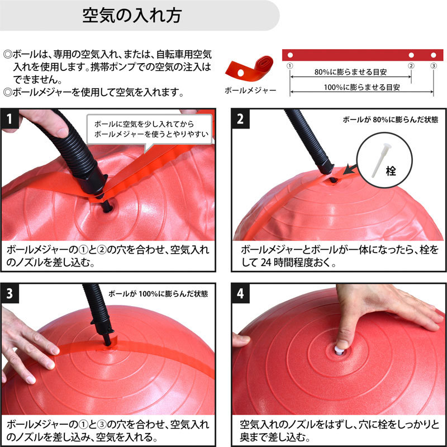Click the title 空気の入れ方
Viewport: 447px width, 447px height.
tap(132, 15)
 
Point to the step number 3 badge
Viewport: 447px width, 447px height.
tap(9, 293)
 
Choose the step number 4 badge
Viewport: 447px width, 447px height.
tap(240, 293)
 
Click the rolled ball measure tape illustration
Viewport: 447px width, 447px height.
tap(249, 68)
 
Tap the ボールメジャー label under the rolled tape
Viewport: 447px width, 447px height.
tap(250, 91)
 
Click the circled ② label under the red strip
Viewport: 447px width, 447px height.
tap(411, 66)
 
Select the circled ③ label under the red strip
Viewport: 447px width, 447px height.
tap(434, 66)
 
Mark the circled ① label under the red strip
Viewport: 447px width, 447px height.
tap(289, 66)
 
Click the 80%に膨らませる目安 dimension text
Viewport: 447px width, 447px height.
tap(350, 72)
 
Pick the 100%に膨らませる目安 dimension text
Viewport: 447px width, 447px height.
tap(362, 87)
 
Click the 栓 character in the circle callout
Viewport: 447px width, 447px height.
tap(391, 171)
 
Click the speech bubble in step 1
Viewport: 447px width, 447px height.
tap(150, 130)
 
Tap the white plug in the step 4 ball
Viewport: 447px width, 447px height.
tap(339, 350)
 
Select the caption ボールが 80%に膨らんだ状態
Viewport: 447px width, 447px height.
tap(390, 120)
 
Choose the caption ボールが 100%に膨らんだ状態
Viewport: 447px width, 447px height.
tap(158, 294)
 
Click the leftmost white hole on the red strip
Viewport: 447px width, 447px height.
tap(290, 55)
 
